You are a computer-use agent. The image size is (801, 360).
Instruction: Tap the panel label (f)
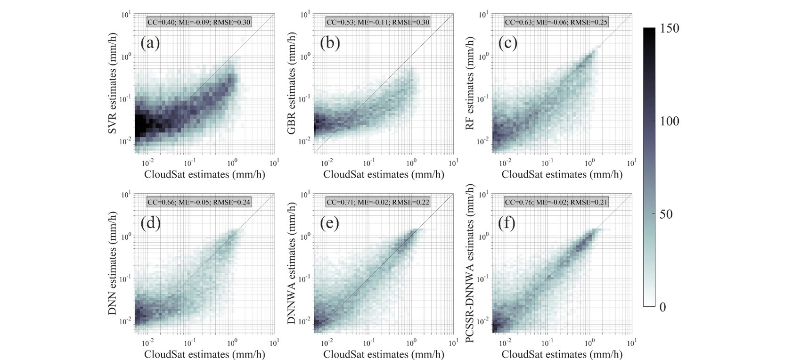point(507,223)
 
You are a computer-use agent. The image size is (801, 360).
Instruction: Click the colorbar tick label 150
point(670,29)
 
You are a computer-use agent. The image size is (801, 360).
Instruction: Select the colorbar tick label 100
point(670,122)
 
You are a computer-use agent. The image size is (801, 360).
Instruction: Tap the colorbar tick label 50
point(666,214)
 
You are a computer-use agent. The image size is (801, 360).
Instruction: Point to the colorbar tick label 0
point(663,307)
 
